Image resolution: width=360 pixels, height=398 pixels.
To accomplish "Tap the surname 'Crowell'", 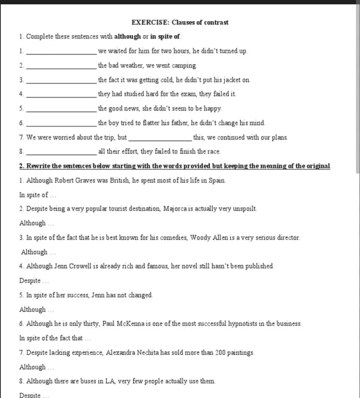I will point(67,266).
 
